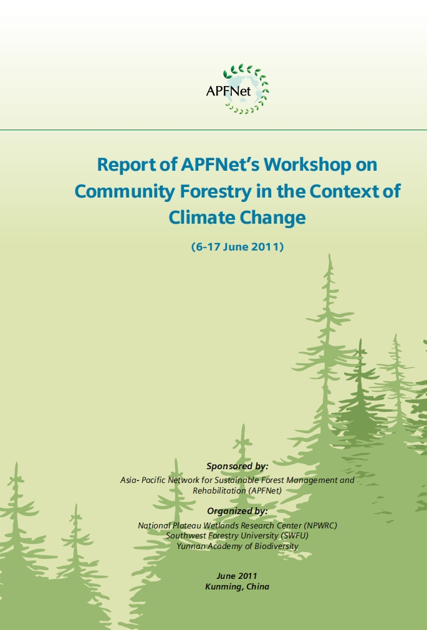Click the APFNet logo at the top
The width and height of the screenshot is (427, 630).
[237, 88]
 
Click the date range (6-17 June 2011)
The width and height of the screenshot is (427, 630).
[237, 246]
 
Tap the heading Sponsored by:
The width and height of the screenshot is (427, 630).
[237, 466]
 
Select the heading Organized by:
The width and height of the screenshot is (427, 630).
[237, 511]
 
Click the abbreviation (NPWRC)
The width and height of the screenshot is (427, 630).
[320, 525]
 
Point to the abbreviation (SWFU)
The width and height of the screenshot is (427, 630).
[295, 535]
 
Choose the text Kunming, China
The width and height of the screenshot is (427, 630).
[237, 586]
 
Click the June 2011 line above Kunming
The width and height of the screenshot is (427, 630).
[237, 576]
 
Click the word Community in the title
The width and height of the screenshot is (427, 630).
[124, 192]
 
